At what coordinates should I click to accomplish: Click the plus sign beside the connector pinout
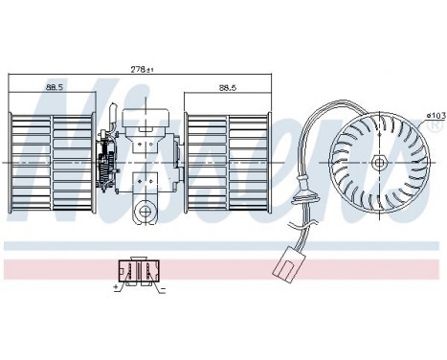pyautogui.click(x=116, y=285)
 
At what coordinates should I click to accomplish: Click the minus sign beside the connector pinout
pyautogui.click(x=164, y=285)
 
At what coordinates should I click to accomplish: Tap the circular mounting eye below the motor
pyautogui.click(x=146, y=212)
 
